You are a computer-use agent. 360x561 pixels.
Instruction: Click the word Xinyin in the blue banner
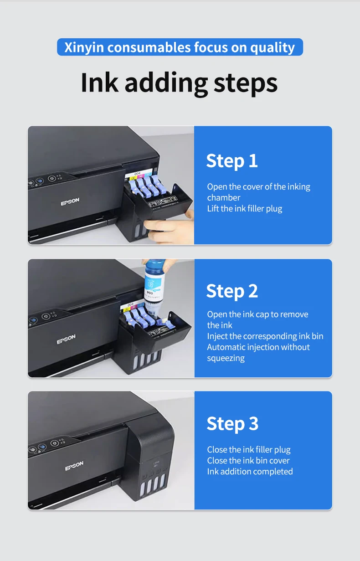tap(84, 47)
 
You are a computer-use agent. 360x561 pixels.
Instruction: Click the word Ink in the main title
tap(99, 82)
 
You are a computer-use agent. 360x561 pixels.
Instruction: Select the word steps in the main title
tap(246, 84)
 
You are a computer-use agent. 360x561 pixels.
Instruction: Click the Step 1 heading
tap(232, 161)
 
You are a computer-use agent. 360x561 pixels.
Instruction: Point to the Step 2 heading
tap(232, 291)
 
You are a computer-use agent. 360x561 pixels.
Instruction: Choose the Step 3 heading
tap(232, 424)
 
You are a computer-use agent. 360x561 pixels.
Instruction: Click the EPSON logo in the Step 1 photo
tap(70, 201)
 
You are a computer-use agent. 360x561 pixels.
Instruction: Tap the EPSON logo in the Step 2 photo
tap(66, 339)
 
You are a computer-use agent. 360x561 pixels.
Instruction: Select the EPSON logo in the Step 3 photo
tap(74, 466)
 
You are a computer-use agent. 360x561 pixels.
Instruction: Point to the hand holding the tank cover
tap(170, 226)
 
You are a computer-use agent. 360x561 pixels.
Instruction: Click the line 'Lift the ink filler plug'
tap(245, 209)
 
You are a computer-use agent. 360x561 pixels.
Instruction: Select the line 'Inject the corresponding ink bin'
tap(265, 336)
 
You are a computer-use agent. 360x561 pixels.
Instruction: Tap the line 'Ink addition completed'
tap(250, 472)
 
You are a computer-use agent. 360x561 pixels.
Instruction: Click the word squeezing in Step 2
tap(226, 358)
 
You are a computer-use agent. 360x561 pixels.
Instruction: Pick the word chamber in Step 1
tap(224, 198)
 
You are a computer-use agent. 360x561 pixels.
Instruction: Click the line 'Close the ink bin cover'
tap(248, 461)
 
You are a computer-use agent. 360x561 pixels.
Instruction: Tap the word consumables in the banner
tap(149, 47)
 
